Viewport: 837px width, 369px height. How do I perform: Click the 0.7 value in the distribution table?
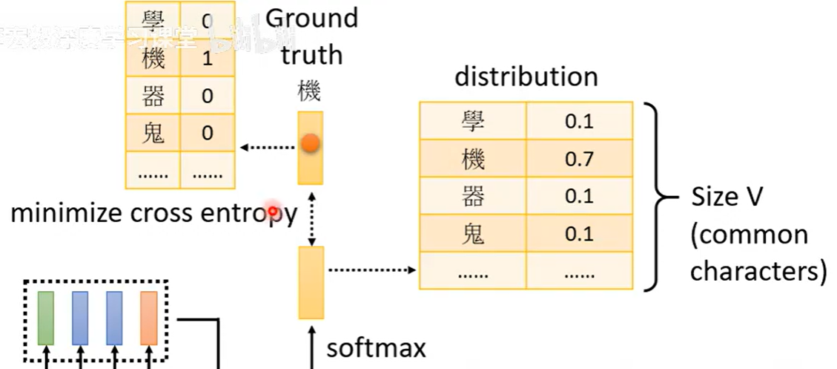pyautogui.click(x=579, y=158)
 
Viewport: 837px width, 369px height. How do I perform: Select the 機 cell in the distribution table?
pyautogui.click(x=472, y=158)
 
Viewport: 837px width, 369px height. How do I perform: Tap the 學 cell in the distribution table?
pyautogui.click(x=472, y=120)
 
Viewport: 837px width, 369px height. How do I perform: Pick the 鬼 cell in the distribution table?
pyautogui.click(x=472, y=234)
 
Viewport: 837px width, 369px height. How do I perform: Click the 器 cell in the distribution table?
pyautogui.click(x=472, y=196)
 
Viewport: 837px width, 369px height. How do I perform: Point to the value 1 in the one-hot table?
pyautogui.click(x=208, y=58)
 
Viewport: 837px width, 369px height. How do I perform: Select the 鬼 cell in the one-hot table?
pyautogui.click(x=153, y=133)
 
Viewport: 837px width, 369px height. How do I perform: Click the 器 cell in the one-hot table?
pyautogui.click(x=153, y=96)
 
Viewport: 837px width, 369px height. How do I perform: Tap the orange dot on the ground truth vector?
pyautogui.click(x=311, y=143)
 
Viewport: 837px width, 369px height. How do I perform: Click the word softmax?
pyautogui.click(x=376, y=347)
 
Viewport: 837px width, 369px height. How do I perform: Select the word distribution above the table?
pyautogui.click(x=526, y=76)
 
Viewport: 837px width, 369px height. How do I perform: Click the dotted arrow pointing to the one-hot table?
pyautogui.click(x=268, y=147)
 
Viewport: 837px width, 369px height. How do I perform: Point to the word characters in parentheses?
pyautogui.click(x=758, y=272)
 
